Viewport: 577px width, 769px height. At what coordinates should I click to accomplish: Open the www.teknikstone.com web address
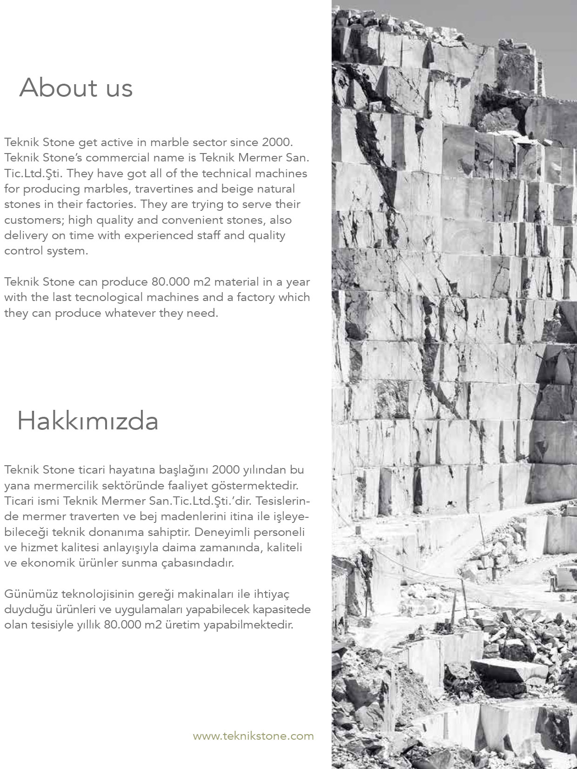pos(253,736)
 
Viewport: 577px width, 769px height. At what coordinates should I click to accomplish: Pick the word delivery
pos(26,235)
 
